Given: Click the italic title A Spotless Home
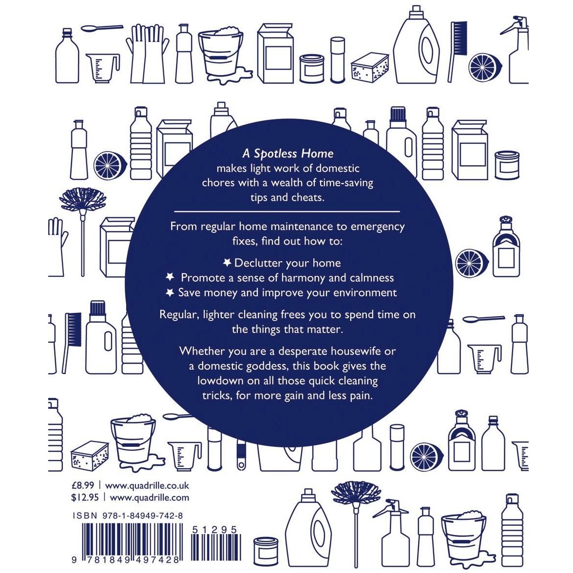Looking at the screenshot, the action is [288, 153].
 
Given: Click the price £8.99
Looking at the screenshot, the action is [83, 485].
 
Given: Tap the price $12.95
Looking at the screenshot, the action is [85, 497].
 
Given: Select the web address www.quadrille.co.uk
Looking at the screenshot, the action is [147, 486].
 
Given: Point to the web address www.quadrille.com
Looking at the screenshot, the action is [150, 498].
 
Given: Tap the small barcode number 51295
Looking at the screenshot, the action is [215, 530].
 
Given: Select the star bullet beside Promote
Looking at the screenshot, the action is [170, 277].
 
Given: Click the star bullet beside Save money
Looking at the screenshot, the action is [170, 292].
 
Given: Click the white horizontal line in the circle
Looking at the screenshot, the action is [287, 211].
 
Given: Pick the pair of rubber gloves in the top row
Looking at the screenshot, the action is [147, 54].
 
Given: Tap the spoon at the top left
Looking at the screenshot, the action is [101, 28].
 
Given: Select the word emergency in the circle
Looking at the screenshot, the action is [378, 227].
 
